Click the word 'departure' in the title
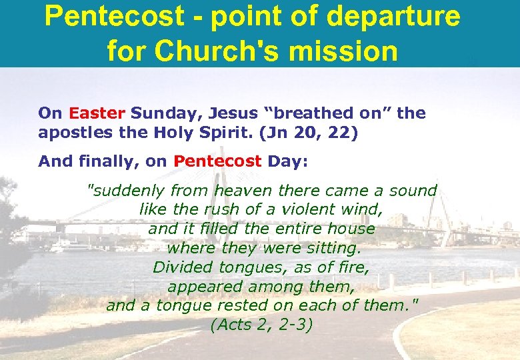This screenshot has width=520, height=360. point(393,17)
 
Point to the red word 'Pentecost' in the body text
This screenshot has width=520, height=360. point(218,161)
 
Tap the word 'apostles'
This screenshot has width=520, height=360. point(70,132)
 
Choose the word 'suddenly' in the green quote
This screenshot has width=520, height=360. point(127,191)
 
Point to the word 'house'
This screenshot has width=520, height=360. point(351,229)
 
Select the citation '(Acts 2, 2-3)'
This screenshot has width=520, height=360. point(261,326)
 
